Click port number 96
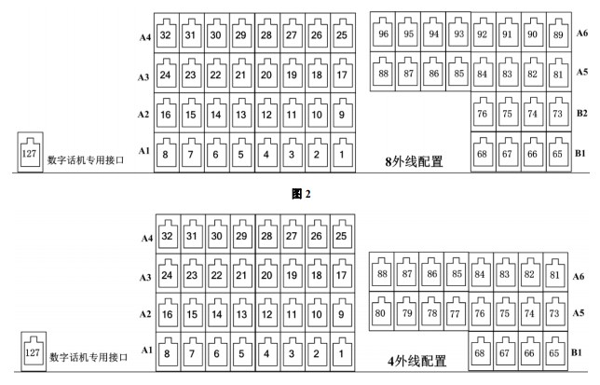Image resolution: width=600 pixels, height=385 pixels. (383, 33)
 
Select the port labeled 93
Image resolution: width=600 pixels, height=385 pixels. (458, 33)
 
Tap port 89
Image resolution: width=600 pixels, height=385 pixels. (558, 34)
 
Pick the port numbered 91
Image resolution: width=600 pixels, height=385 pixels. (508, 34)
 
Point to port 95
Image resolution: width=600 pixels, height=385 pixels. (408, 33)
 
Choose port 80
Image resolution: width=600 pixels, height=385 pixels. (380, 311)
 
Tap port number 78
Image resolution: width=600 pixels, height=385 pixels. (430, 311)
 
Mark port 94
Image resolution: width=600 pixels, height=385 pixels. (433, 33)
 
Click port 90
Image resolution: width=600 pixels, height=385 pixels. (533, 34)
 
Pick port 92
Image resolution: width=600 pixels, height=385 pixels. (483, 34)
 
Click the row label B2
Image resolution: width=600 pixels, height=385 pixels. (581, 113)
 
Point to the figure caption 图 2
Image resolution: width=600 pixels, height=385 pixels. (301, 194)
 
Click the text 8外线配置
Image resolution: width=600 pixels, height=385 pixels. (414, 161)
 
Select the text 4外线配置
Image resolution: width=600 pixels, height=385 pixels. (416, 361)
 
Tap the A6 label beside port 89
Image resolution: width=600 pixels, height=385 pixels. (582, 34)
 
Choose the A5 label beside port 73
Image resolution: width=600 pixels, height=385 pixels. (579, 313)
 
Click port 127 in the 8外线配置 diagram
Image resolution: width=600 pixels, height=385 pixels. (30, 152)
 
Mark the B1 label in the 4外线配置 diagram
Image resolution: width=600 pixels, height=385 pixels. (577, 352)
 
